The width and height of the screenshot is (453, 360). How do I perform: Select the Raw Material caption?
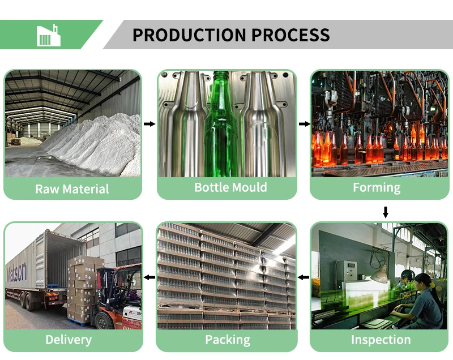tap(72, 188)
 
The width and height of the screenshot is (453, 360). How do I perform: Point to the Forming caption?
tap(377, 187)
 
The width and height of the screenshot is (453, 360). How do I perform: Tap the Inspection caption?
tap(381, 340)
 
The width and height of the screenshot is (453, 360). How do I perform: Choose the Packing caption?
tap(227, 340)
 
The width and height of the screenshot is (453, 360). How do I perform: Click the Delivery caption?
tap(68, 340)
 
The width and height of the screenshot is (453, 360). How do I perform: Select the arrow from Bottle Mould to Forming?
tap(304, 123)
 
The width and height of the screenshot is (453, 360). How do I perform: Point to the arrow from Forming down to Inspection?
tap(386, 212)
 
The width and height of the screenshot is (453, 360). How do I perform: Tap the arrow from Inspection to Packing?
tap(304, 277)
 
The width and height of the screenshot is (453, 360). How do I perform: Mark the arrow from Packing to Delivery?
tap(149, 277)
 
